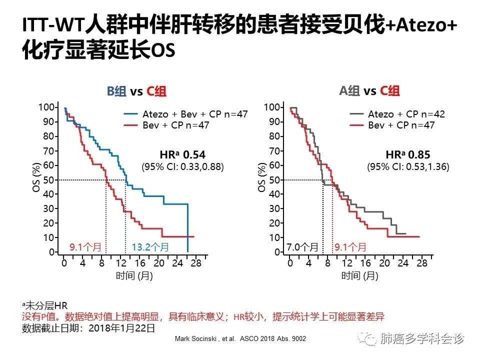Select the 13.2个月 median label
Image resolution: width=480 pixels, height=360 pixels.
(150, 246)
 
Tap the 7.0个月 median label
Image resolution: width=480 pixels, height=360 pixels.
(302, 246)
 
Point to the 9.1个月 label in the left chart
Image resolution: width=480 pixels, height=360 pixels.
(84, 246)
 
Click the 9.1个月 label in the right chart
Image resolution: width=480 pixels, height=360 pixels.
(350, 246)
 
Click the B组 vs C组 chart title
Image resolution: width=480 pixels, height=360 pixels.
(136, 91)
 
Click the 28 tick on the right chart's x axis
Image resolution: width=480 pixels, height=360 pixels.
(422, 263)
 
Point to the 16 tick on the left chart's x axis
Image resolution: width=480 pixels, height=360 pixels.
(140, 263)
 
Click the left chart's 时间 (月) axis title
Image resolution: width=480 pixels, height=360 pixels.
(134, 276)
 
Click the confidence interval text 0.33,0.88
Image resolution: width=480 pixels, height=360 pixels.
(198, 167)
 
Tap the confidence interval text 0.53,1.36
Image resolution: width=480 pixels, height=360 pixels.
(423, 167)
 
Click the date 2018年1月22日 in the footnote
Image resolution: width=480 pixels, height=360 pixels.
(121, 328)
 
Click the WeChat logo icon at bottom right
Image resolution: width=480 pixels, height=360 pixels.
(370, 339)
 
